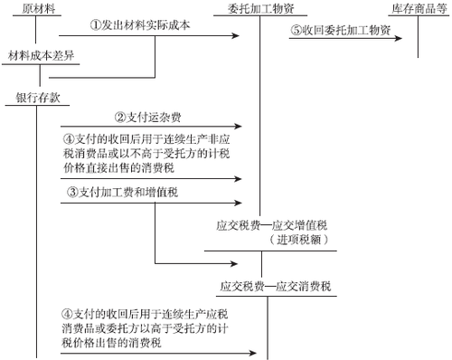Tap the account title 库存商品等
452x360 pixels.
point(419,8)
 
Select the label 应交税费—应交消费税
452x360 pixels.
point(275,287)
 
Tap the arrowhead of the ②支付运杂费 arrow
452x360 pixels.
point(239,126)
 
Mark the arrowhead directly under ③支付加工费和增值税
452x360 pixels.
point(238,204)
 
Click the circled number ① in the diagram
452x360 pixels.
point(96,26)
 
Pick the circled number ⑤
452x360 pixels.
point(296,29)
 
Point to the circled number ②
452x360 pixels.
point(119,117)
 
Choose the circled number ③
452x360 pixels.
point(73,194)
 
